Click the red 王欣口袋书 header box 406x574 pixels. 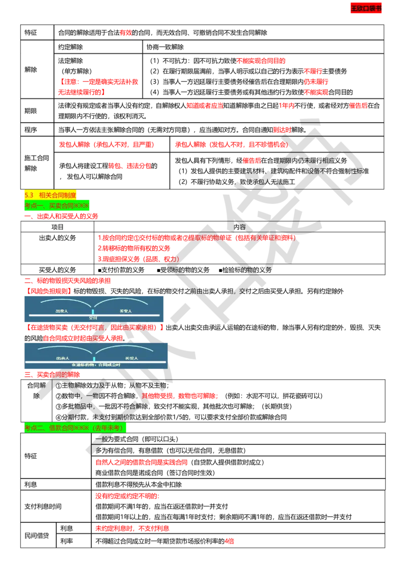click(366, 8)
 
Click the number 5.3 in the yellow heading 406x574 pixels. click(28, 195)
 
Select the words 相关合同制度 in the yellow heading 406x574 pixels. click(57, 195)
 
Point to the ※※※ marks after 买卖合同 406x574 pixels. click(81, 205)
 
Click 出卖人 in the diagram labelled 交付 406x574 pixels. click(62, 310)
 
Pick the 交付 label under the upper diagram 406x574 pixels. click(93, 318)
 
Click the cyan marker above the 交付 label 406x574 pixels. click(93, 311)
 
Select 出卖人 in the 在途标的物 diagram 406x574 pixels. click(62, 356)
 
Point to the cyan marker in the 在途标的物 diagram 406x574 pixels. click(94, 358)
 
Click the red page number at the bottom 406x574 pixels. click(229, 541)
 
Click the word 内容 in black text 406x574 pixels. click(239, 227)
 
